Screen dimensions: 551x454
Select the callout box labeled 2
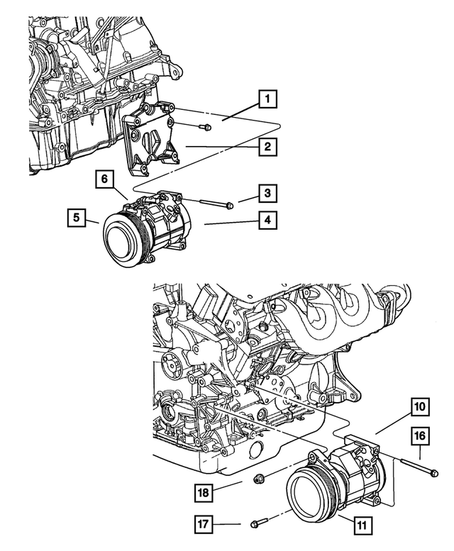click(267, 148)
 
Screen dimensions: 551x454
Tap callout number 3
click(267, 192)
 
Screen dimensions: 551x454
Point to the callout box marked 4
click(267, 221)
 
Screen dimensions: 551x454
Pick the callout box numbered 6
click(104, 180)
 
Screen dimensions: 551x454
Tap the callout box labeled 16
click(419, 435)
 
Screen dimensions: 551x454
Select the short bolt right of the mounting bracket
click(203, 128)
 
